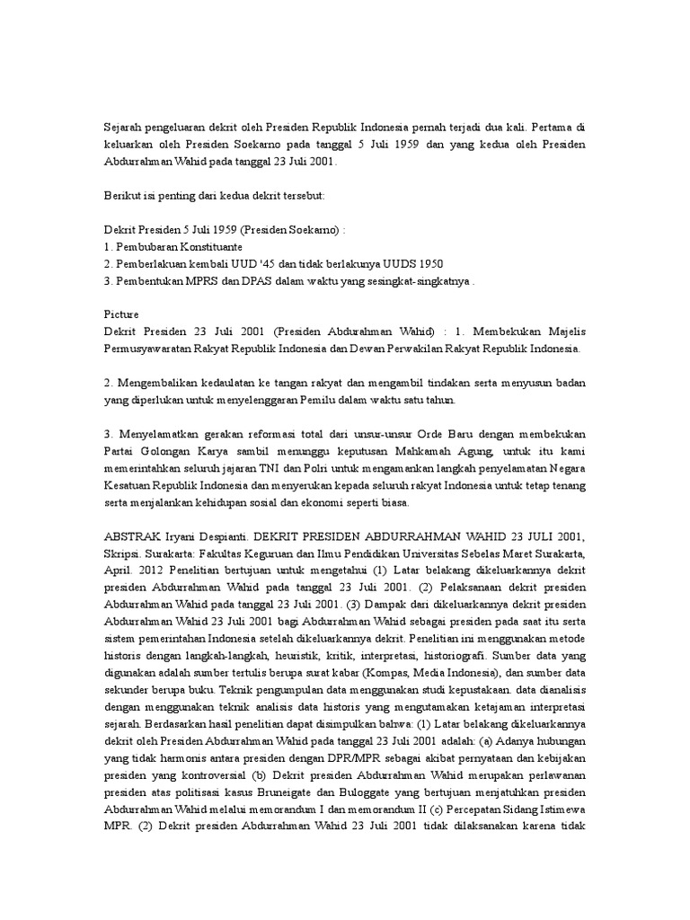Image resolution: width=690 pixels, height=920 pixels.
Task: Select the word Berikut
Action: point(123,195)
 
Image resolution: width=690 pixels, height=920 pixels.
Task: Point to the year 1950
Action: point(425,262)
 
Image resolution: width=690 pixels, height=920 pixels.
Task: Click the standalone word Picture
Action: point(121,314)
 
